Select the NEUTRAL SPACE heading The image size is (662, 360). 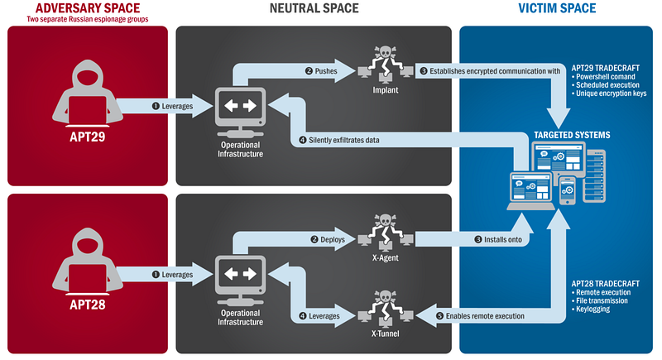(x=314, y=8)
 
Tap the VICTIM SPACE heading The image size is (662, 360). (x=556, y=8)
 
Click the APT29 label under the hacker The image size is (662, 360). (x=86, y=132)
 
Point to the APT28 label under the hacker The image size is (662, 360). (x=86, y=303)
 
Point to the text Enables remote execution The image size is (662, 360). (x=487, y=316)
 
